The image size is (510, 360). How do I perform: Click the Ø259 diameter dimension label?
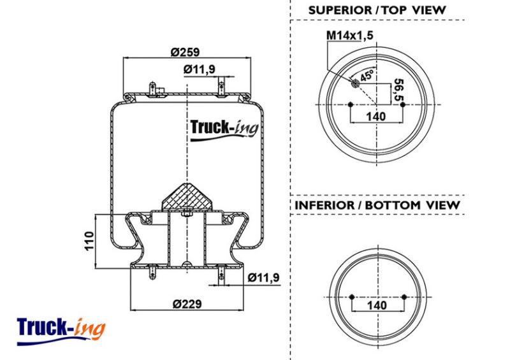[185, 52]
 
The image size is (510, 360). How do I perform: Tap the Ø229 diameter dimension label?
[187, 304]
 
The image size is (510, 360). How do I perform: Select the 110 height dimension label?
[89, 241]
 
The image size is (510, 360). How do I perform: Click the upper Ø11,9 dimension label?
[200, 69]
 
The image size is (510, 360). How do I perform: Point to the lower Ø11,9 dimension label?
[263, 277]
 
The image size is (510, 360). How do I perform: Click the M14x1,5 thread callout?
[349, 35]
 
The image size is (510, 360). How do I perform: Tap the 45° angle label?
[367, 76]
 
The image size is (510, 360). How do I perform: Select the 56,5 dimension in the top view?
[399, 90]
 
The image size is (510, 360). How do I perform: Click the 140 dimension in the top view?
[376, 116]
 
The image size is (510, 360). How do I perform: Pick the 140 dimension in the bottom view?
[377, 305]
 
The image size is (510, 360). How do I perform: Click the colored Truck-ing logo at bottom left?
[61, 331]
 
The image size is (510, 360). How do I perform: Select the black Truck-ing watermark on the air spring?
[224, 129]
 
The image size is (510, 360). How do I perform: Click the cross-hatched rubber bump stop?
[187, 198]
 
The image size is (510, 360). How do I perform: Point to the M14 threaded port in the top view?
[355, 83]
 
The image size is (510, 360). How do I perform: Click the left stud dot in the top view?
[350, 104]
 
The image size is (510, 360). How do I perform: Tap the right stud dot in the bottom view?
[404, 297]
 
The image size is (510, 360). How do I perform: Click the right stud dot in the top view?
[403, 104]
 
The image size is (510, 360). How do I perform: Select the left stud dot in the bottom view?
[351, 297]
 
